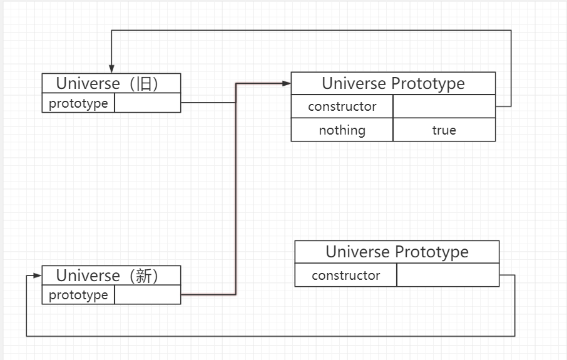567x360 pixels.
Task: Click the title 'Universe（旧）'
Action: (x=111, y=83)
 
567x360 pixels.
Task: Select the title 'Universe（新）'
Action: (x=111, y=275)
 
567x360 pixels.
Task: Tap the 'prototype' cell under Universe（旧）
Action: (x=78, y=103)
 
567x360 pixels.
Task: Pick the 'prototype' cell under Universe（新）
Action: (x=78, y=295)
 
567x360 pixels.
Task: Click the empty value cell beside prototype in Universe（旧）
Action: (x=148, y=103)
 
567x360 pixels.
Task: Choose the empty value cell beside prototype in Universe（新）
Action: (x=148, y=295)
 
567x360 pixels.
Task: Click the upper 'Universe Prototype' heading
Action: (x=393, y=83)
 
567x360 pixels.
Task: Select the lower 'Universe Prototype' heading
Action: (x=397, y=252)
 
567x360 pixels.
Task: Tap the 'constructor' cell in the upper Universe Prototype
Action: (x=342, y=106)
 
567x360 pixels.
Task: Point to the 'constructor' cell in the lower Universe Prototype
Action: (x=345, y=275)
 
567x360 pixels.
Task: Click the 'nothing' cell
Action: (x=342, y=130)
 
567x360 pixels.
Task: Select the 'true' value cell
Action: (x=444, y=130)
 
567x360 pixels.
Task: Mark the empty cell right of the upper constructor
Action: (x=444, y=106)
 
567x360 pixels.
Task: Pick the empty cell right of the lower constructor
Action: (x=447, y=275)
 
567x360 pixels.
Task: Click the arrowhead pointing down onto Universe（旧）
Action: (x=111, y=69)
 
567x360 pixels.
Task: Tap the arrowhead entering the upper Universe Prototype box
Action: (x=287, y=83)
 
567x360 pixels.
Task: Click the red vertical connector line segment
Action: (x=236, y=188)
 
